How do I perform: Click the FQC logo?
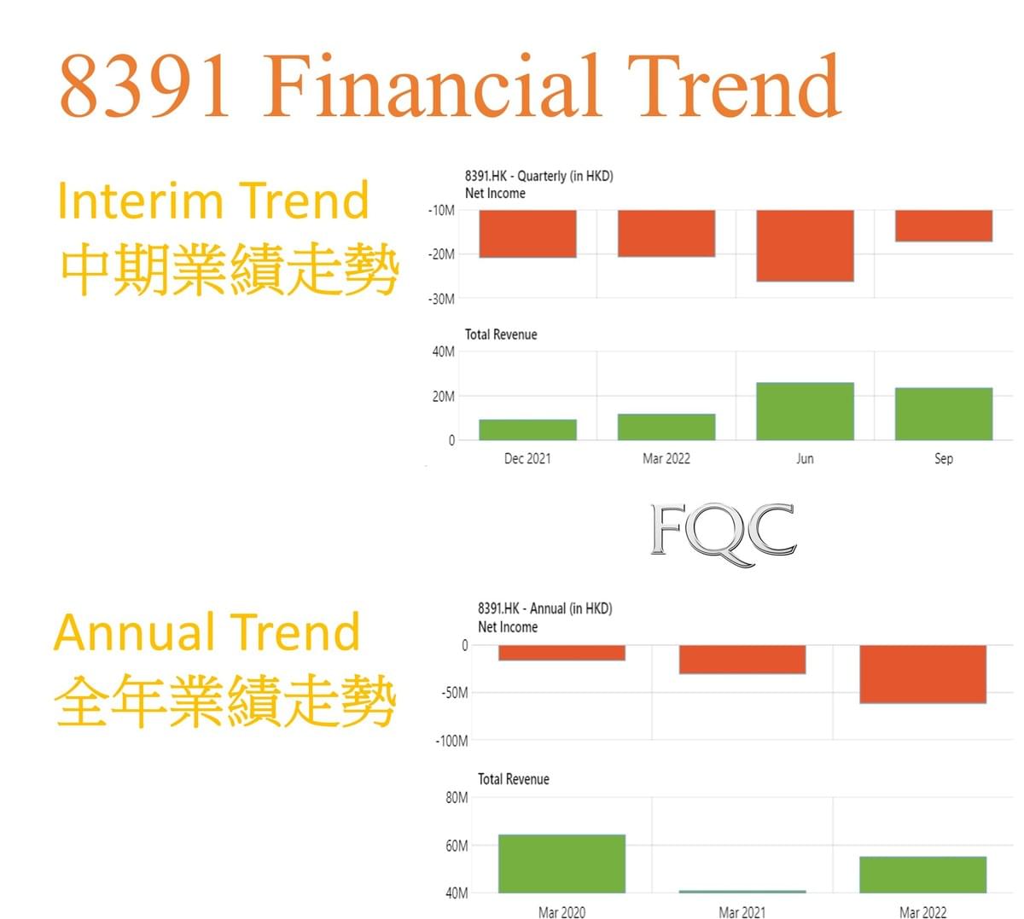(724, 534)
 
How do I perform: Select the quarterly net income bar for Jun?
(805, 245)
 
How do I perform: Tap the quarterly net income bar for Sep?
(943, 225)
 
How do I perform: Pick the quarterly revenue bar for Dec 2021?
(527, 430)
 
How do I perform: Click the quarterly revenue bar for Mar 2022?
(666, 428)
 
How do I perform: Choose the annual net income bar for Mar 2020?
(561, 653)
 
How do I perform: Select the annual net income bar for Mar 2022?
(923, 674)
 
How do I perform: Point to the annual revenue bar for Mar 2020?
(561, 864)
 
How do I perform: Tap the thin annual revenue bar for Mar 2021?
(742, 891)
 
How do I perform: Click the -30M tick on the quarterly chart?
(441, 300)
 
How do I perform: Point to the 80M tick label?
(457, 798)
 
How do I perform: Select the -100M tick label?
(451, 741)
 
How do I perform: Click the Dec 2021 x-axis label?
(527, 458)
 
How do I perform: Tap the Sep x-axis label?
(944, 458)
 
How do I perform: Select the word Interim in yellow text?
(140, 201)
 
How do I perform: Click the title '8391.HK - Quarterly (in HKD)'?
(538, 176)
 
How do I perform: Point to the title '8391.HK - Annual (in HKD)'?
(544, 608)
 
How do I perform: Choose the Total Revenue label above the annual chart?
(514, 779)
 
